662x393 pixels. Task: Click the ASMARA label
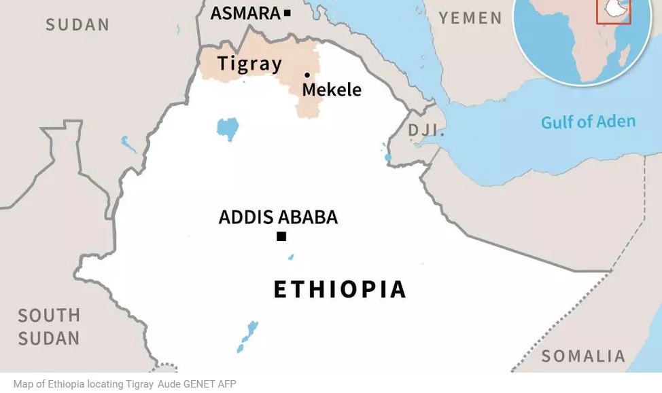coord(245,13)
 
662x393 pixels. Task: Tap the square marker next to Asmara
coord(288,13)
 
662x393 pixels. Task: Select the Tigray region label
coord(249,64)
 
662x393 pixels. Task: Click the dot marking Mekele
coord(307,75)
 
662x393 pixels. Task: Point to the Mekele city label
coord(332,90)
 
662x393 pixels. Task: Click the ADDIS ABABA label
coord(278,217)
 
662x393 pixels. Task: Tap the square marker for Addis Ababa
coord(281,236)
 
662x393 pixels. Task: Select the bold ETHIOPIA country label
coord(340,289)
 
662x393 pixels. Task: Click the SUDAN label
coord(77,25)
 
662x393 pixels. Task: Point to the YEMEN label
coord(470,18)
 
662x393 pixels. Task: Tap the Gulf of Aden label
coord(588,122)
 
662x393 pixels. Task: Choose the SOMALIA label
coord(582,356)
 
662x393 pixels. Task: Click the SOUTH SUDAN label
coord(49,326)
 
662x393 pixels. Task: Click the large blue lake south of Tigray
coord(228,128)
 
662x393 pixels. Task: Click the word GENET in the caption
coord(198,384)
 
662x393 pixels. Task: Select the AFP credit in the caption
coord(227,384)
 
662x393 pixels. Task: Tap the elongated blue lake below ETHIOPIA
coord(248,336)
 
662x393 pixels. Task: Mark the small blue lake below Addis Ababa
coord(291,257)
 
